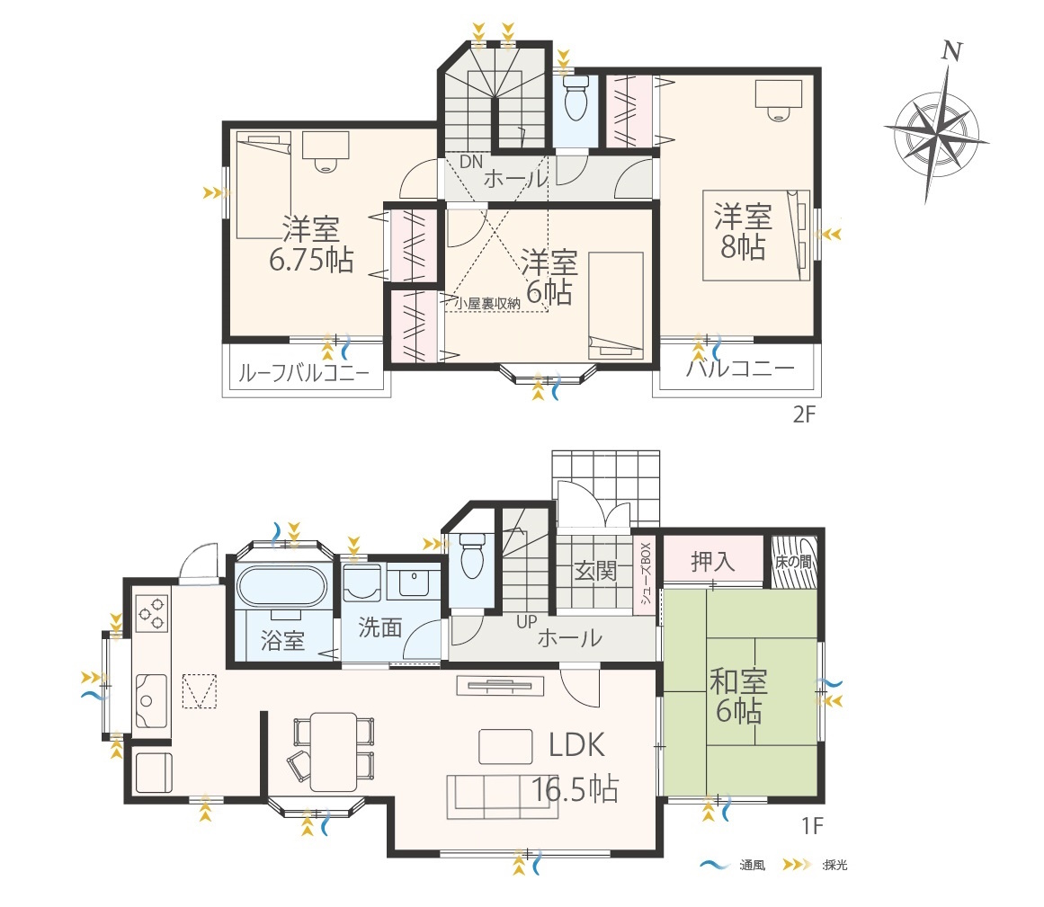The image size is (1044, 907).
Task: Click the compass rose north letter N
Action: pyautogui.click(x=952, y=51)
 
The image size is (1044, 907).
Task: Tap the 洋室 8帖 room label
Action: pyautogui.click(x=743, y=230)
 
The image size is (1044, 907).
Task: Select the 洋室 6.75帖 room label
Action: pyautogui.click(x=311, y=244)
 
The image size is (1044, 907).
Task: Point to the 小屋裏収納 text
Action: pyautogui.click(x=487, y=304)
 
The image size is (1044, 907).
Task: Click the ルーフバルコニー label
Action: pyautogui.click(x=304, y=373)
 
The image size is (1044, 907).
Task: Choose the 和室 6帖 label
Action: pyautogui.click(x=738, y=696)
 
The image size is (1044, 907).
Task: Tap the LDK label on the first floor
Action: pyautogui.click(x=576, y=745)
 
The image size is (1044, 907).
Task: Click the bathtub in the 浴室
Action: pyautogui.click(x=281, y=586)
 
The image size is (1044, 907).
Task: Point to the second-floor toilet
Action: pyautogui.click(x=576, y=97)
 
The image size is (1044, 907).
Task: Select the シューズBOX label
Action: pyautogui.click(x=645, y=573)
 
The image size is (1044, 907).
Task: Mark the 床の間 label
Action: pyautogui.click(x=794, y=562)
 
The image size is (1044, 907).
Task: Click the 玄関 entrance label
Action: pyautogui.click(x=595, y=571)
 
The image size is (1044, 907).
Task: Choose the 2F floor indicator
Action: pyautogui.click(x=804, y=414)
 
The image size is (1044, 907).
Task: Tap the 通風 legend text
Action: pyautogui.click(x=753, y=865)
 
